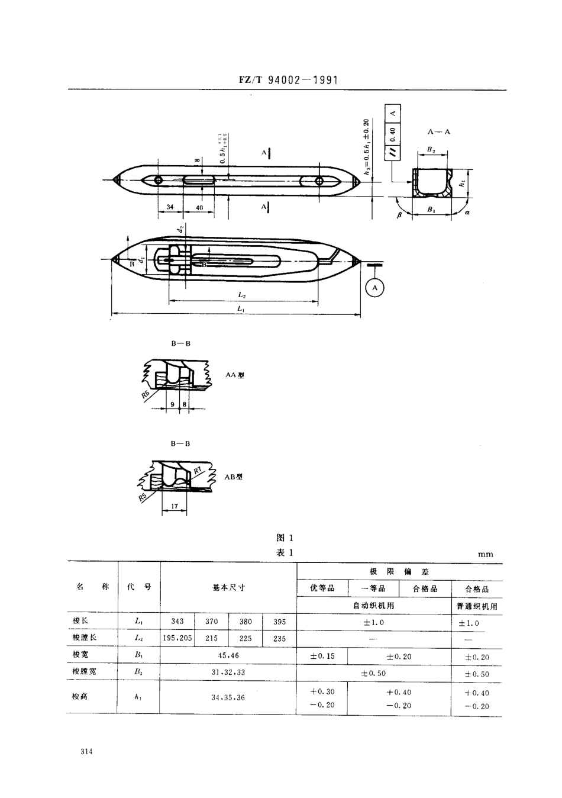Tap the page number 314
tap(87, 752)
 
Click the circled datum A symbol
tap(374, 288)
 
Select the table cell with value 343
tap(177, 622)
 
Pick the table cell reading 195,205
tap(177, 638)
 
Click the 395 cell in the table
tap(279, 622)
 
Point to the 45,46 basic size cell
tap(228, 656)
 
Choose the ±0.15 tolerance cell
tap(322, 656)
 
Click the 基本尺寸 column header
tap(228, 587)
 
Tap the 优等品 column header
tap(322, 588)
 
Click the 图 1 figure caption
tap(285, 538)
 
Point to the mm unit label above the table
tap(485, 554)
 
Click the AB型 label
tap(234, 477)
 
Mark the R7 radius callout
tap(198, 470)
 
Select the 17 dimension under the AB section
tap(175, 506)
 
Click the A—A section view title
tap(438, 131)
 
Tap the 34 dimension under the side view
tap(170, 207)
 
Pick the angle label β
tap(399, 215)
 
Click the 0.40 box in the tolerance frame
tap(393, 133)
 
